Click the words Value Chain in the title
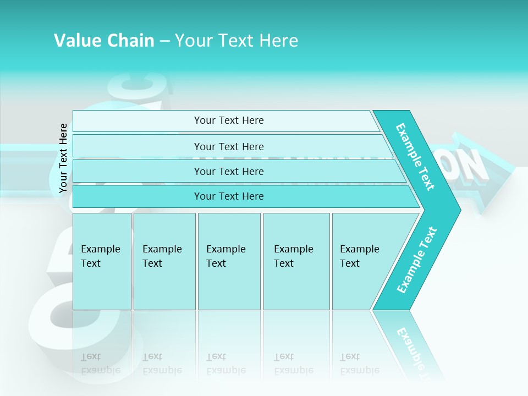[104, 40]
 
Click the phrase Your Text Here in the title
[237, 40]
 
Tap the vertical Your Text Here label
[63, 158]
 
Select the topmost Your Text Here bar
[228, 120]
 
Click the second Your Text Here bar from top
[228, 146]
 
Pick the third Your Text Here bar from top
[228, 171]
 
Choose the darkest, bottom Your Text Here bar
[228, 196]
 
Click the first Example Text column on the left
[102, 261]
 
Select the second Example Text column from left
[164, 261]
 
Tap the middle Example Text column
[229, 261]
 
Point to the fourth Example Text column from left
[296, 261]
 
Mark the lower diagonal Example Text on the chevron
[416, 260]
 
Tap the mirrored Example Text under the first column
[101, 364]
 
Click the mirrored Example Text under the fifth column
[360, 364]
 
